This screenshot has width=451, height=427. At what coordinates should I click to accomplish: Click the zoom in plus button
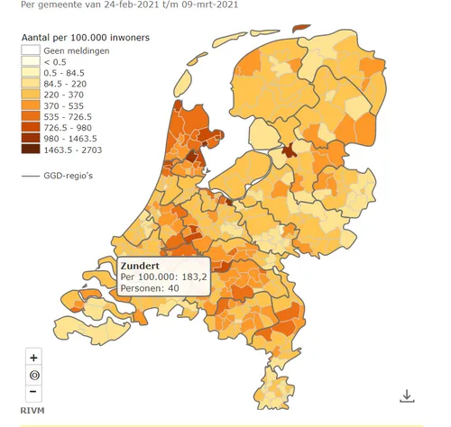coord(33,357)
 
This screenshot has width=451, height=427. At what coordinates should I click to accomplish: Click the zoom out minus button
coord(33,391)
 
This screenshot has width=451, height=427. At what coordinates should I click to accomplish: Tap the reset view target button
coord(33,374)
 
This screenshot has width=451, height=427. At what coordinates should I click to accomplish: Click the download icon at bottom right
coord(407,395)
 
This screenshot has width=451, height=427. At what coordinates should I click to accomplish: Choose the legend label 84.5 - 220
coord(67,83)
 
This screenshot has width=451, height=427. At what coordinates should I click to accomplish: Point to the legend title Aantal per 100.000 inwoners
coord(87,38)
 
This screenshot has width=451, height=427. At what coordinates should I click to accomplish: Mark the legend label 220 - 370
coord(65,94)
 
